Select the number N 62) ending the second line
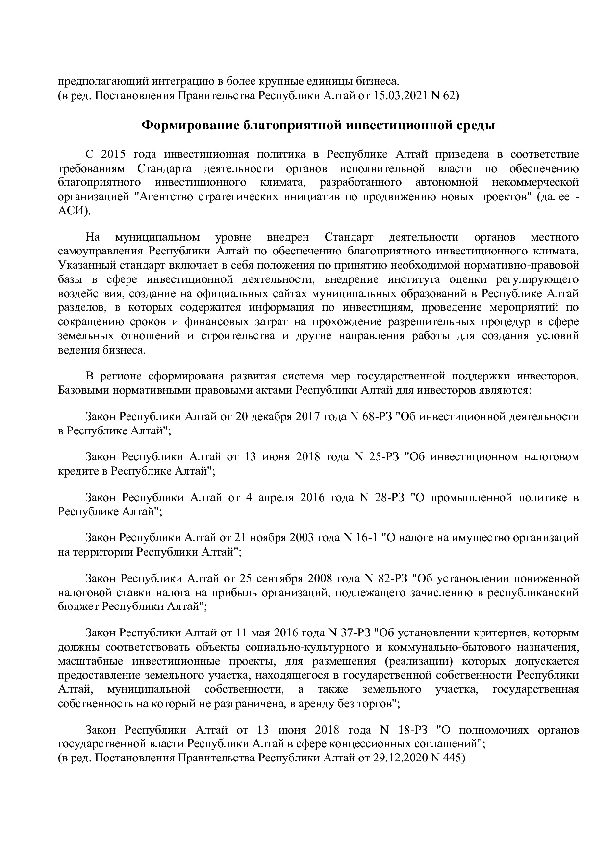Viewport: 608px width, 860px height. (445, 96)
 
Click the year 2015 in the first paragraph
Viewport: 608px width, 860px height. (114, 154)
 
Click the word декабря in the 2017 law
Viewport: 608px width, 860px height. (273, 417)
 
